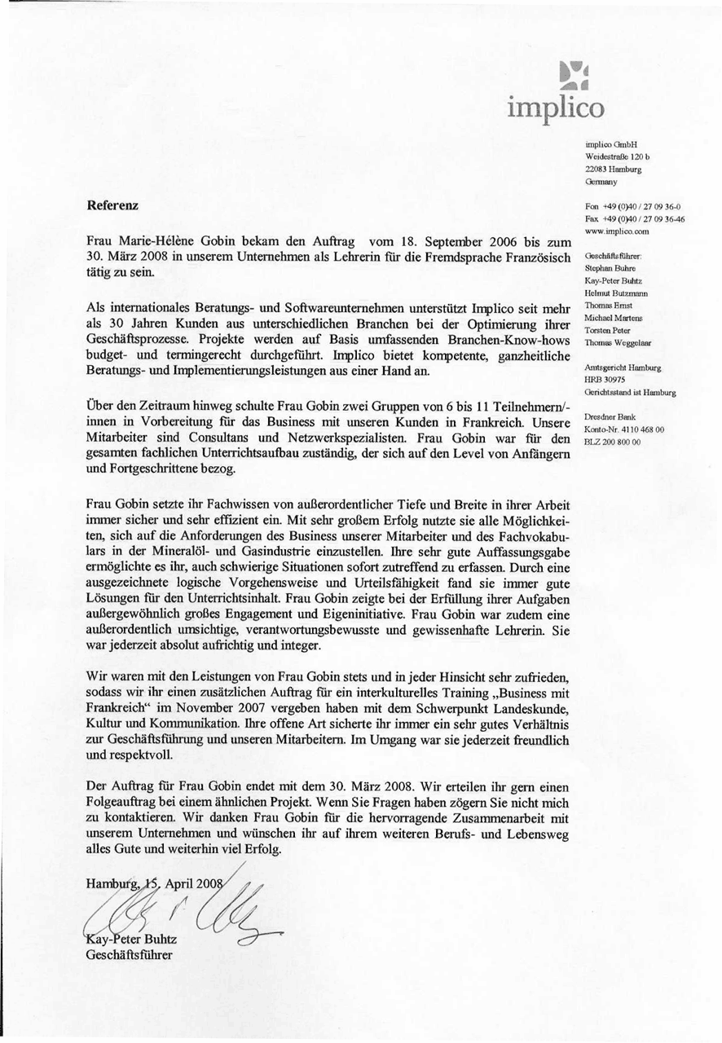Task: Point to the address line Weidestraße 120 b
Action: coord(617,156)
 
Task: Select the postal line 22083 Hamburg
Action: coord(614,169)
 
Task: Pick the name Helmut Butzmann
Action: coord(615,293)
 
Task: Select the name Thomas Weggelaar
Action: coord(618,343)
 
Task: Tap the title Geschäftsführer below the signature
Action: coord(129,955)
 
